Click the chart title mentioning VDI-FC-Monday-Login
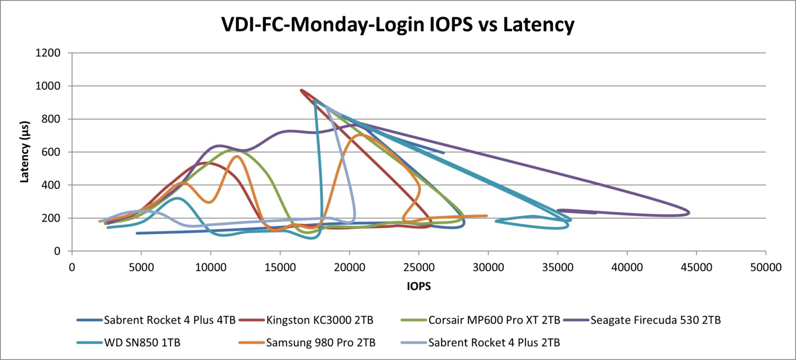(x=397, y=25)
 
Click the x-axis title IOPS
(x=418, y=286)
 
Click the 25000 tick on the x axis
(x=419, y=267)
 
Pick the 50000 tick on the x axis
(x=765, y=267)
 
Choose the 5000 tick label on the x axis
(x=141, y=267)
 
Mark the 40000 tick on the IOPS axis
(x=627, y=267)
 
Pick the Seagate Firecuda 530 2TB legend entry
(x=655, y=320)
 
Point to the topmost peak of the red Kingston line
(x=301, y=90)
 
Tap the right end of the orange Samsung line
(x=487, y=216)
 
